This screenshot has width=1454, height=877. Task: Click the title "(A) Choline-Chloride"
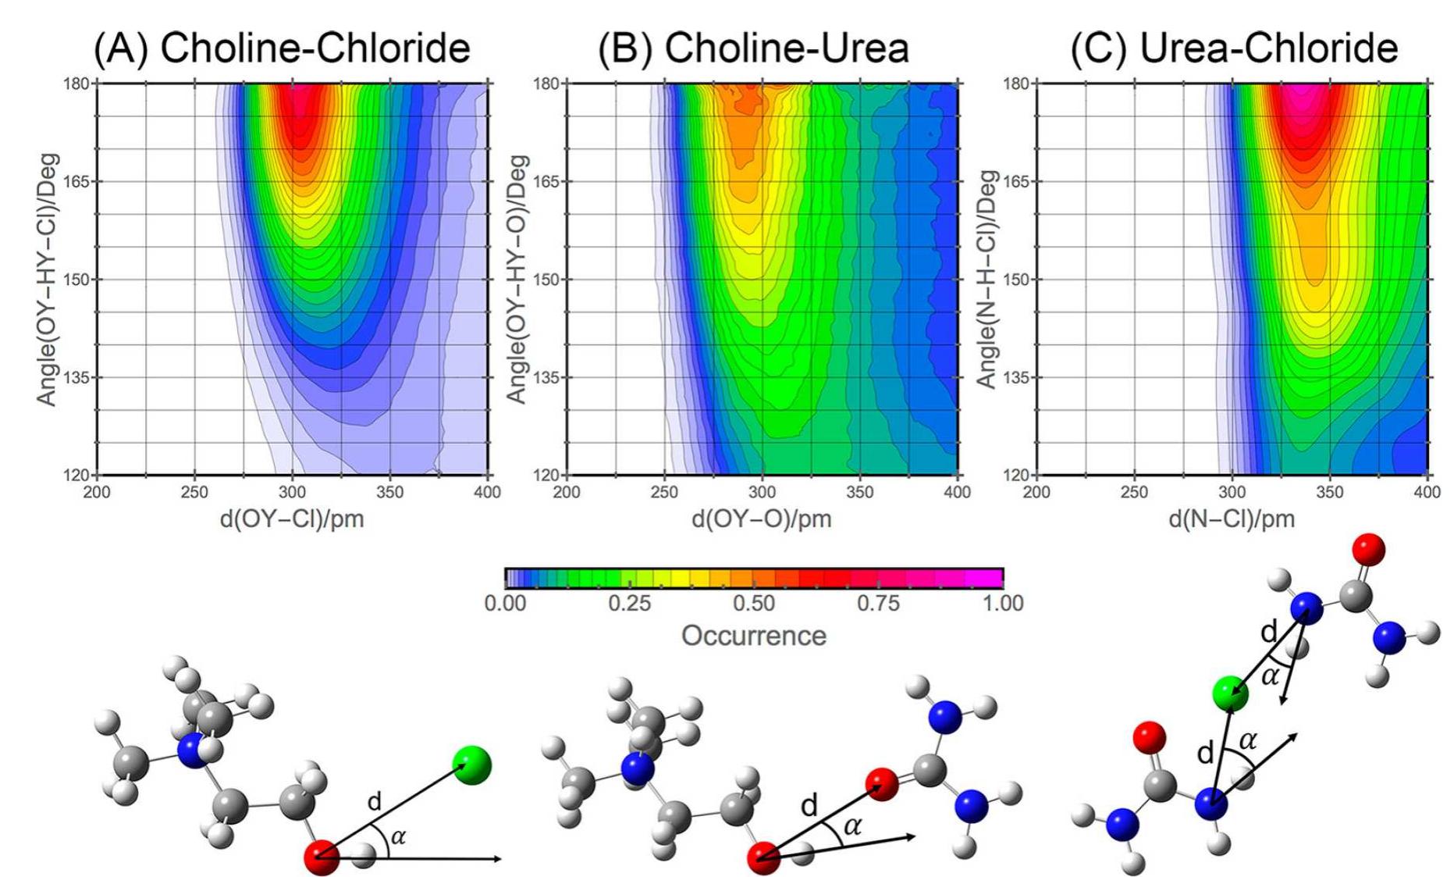pyautogui.click(x=282, y=48)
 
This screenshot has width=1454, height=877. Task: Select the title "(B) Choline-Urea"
pyautogui.click(x=753, y=48)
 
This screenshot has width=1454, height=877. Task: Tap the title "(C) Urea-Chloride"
pyautogui.click(x=1234, y=48)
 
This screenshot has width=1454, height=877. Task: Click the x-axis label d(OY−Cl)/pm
pyautogui.click(x=292, y=519)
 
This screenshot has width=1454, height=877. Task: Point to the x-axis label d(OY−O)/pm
pyautogui.click(x=761, y=519)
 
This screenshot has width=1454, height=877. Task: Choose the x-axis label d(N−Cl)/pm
pyautogui.click(x=1231, y=519)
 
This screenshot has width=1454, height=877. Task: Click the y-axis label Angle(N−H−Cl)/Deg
pyautogui.click(x=987, y=279)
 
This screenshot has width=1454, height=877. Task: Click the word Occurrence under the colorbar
pyautogui.click(x=753, y=636)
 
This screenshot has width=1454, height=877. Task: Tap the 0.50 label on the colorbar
pyautogui.click(x=753, y=604)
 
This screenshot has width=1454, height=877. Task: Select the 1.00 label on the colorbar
pyautogui.click(x=1003, y=604)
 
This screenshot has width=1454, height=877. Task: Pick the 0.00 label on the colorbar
pyautogui.click(x=505, y=604)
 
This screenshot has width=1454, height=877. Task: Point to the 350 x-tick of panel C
pyautogui.click(x=1329, y=492)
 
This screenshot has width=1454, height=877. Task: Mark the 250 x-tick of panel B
pyautogui.click(x=664, y=492)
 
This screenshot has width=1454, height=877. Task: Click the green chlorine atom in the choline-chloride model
pyautogui.click(x=472, y=764)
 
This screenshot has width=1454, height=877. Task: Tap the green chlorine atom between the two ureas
pyautogui.click(x=1230, y=692)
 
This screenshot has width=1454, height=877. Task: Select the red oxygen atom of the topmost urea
pyautogui.click(x=1367, y=550)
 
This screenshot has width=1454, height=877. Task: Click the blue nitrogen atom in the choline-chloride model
pyautogui.click(x=192, y=751)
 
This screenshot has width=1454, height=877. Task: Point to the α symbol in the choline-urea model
pyautogui.click(x=852, y=826)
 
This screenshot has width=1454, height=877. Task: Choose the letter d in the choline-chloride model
pyautogui.click(x=375, y=801)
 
